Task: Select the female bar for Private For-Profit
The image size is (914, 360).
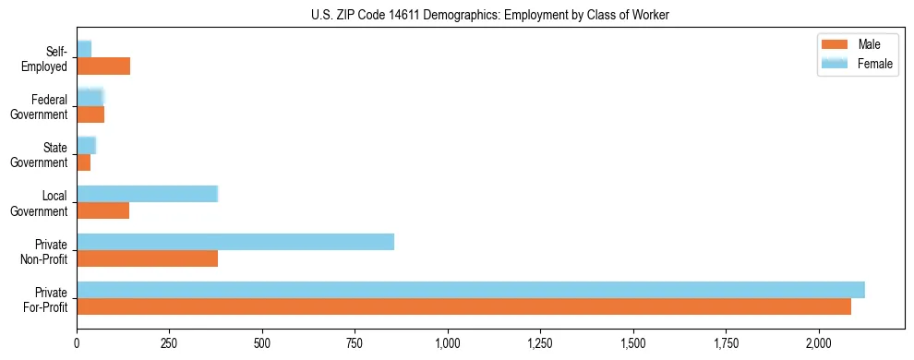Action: pos(471,290)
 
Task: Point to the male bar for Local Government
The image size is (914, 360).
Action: pos(102,210)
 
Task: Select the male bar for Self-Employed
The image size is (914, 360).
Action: pos(103,66)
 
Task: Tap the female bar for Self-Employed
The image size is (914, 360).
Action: pos(84,49)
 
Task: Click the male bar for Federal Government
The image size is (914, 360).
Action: pos(90,114)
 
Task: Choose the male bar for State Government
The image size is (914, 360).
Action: pos(83,162)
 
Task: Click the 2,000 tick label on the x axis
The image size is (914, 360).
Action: pos(819,343)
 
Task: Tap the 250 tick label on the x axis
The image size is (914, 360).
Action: pos(169,343)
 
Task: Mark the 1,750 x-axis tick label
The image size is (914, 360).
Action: pos(726,343)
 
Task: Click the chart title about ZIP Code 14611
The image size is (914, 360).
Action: pos(490,15)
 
